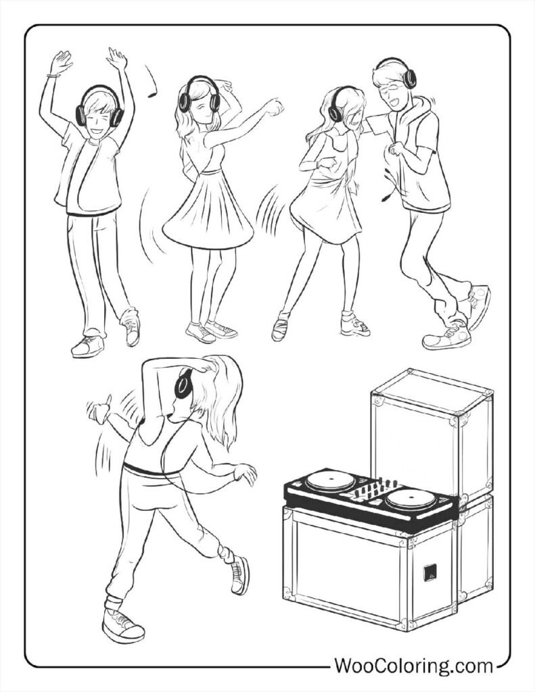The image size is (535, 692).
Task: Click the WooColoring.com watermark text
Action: tap(414, 666)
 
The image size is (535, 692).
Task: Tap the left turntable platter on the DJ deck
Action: tap(330, 483)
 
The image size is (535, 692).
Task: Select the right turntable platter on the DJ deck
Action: tap(411, 499)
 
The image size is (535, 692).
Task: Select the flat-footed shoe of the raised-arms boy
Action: tap(88, 346)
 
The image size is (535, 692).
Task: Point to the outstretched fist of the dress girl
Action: tap(274, 107)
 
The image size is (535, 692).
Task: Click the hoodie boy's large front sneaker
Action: tap(446, 335)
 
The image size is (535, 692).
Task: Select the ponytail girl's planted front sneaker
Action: tap(122, 625)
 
